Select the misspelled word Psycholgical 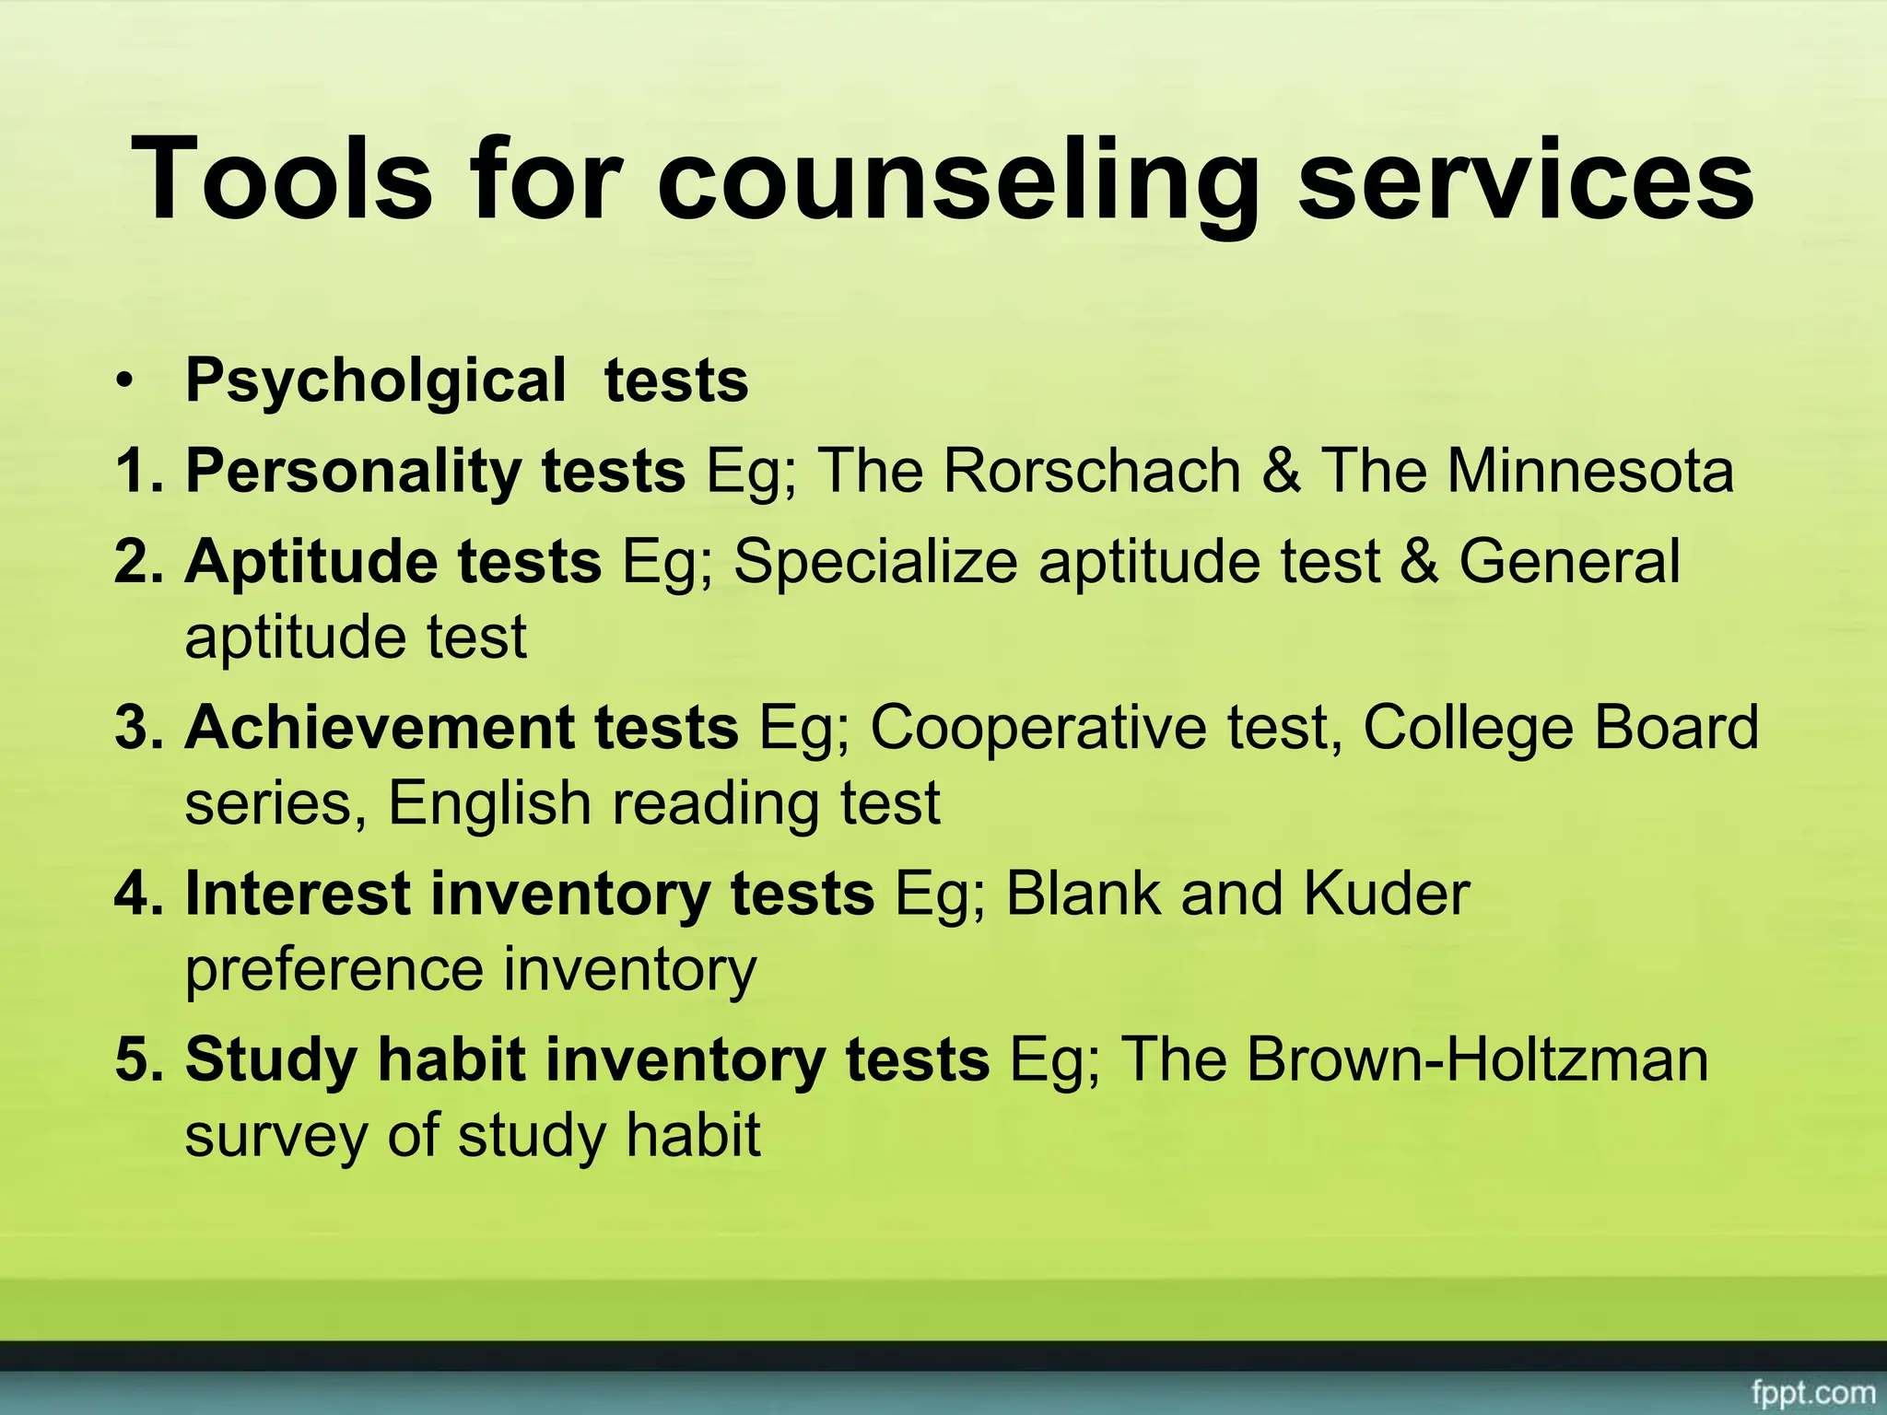click(x=376, y=380)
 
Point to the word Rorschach click(x=1092, y=471)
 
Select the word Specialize click(x=875, y=561)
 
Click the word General click(x=1569, y=561)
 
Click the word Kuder click(x=1387, y=894)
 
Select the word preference click(x=334, y=969)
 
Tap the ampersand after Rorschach click(x=1281, y=471)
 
